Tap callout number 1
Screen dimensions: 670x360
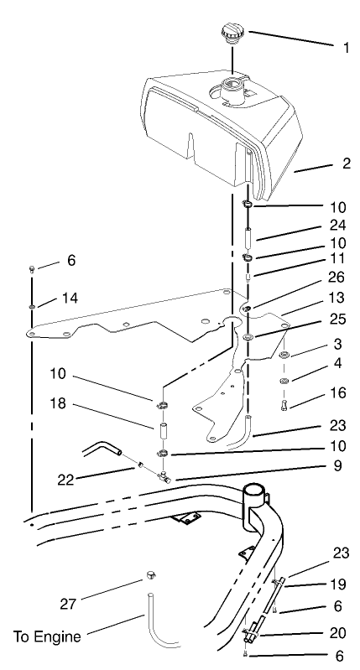(346, 48)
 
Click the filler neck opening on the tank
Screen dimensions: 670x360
(232, 86)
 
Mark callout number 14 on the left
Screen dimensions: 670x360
(70, 299)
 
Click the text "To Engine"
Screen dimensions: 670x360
(47, 636)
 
